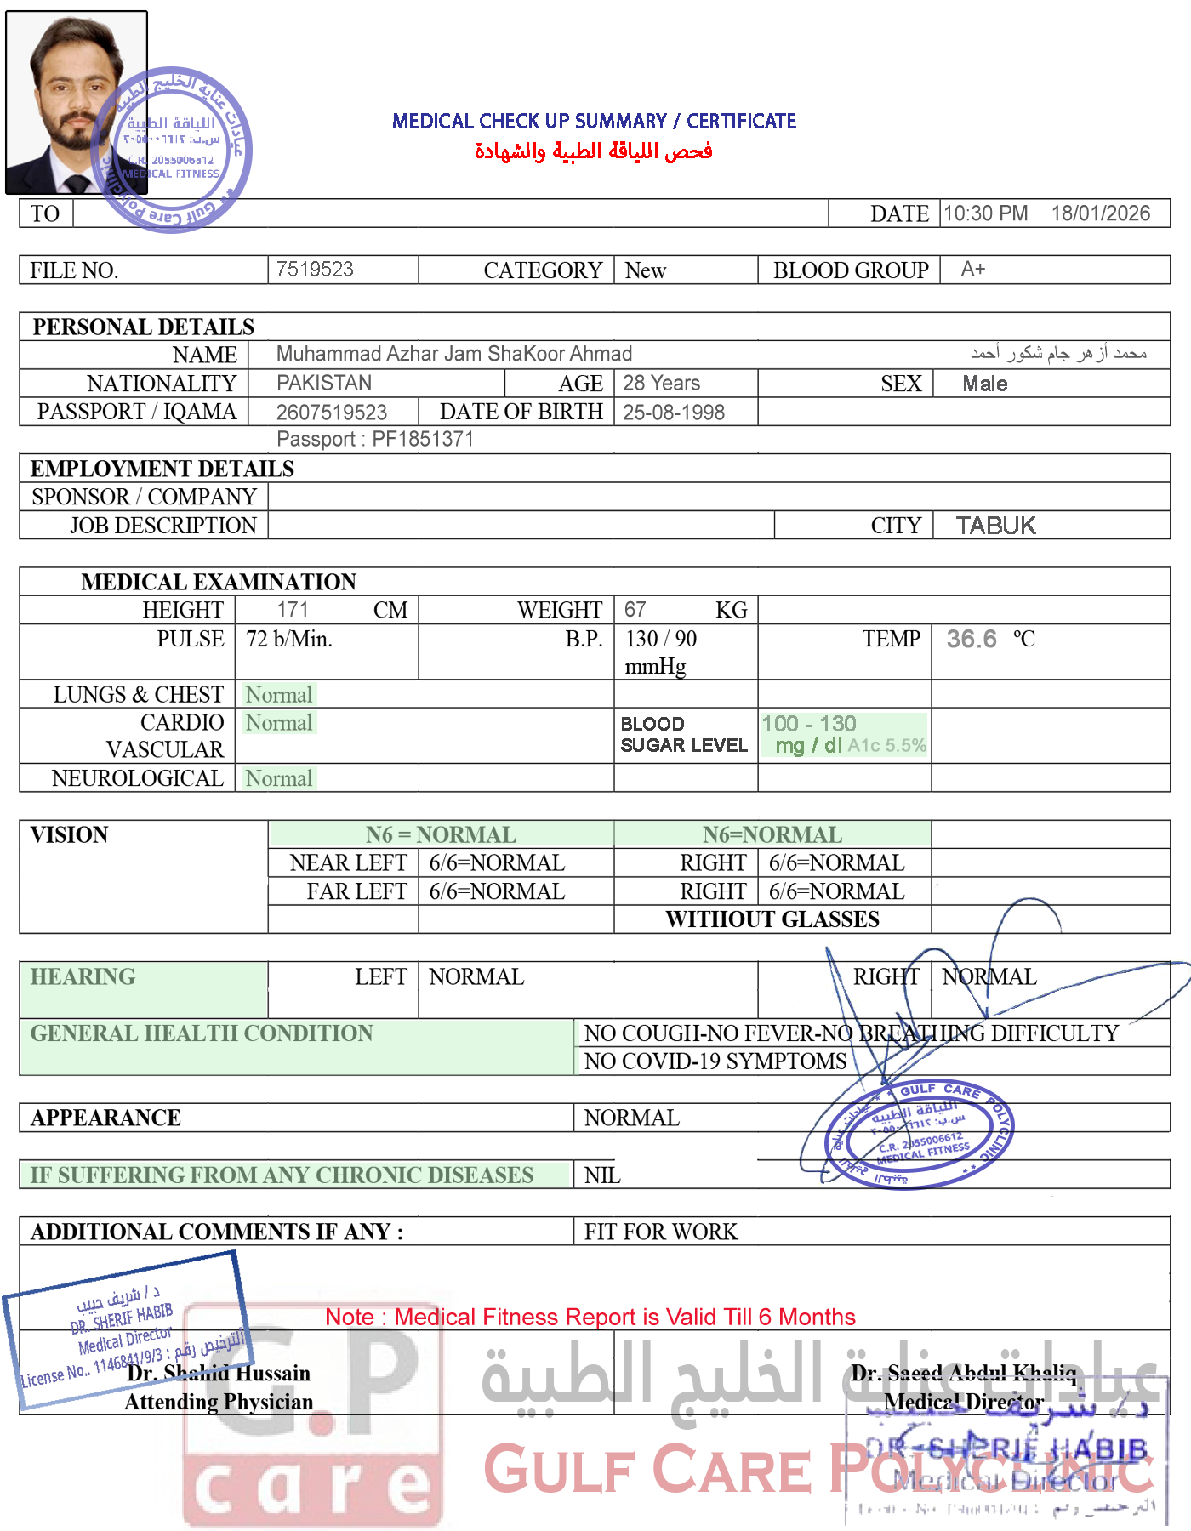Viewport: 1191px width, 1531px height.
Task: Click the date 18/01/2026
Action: pos(1101,213)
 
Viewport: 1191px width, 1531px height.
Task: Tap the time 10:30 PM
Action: pos(985,213)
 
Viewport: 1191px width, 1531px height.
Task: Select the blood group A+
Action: pos(972,270)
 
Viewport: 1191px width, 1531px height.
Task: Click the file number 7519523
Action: pos(315,270)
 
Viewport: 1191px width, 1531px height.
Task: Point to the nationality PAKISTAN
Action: pos(324,383)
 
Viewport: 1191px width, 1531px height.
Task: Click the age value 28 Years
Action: pos(661,383)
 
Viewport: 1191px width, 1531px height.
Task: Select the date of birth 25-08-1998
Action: pos(674,413)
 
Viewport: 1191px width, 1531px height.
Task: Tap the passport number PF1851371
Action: pos(422,439)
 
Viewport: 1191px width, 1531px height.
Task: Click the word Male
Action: pos(984,384)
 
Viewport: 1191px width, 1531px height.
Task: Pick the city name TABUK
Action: pos(995,526)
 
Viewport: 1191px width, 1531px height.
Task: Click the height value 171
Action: pos(292,609)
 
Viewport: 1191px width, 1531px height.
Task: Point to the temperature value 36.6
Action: pos(971,639)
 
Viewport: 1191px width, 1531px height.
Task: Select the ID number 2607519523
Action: pos(332,413)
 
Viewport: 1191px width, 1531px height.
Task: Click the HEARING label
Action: pos(83,976)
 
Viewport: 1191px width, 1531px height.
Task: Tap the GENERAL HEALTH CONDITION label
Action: pos(202,1033)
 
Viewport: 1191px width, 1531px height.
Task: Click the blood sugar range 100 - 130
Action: pos(809,724)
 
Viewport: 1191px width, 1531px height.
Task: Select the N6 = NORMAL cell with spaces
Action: pos(441,834)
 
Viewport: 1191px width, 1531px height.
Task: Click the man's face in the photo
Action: pos(75,94)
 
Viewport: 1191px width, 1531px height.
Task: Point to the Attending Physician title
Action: pos(219,1402)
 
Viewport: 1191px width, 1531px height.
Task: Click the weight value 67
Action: pos(635,609)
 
